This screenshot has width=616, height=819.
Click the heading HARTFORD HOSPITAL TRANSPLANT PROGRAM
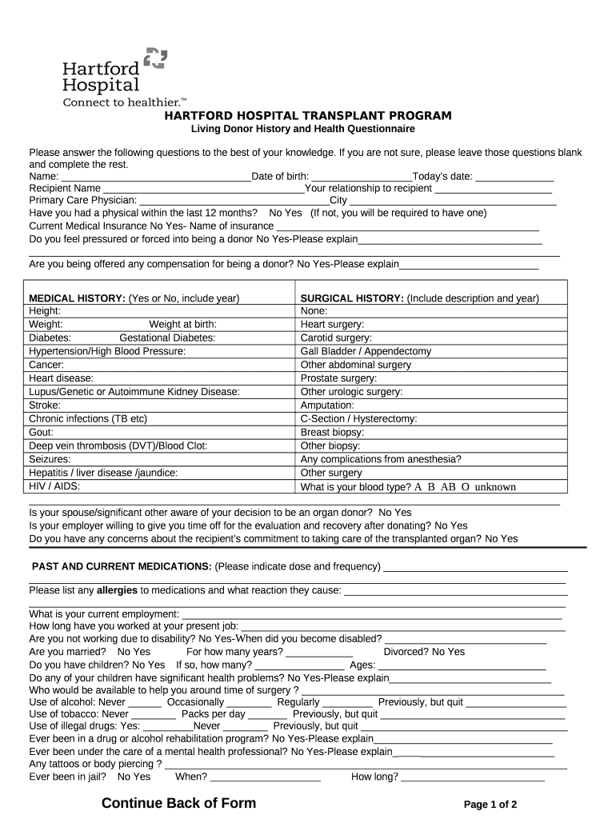(x=308, y=116)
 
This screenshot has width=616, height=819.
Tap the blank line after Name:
(x=156, y=178)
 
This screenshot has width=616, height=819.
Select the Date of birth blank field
(x=361, y=178)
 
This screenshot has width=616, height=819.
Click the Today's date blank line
(x=515, y=178)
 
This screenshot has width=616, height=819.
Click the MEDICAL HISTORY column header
(x=77, y=298)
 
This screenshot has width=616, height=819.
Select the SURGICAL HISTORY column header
(x=351, y=298)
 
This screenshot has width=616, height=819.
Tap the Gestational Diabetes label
(x=167, y=338)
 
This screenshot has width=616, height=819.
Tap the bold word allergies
(x=117, y=590)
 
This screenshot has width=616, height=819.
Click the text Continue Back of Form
(x=179, y=803)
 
